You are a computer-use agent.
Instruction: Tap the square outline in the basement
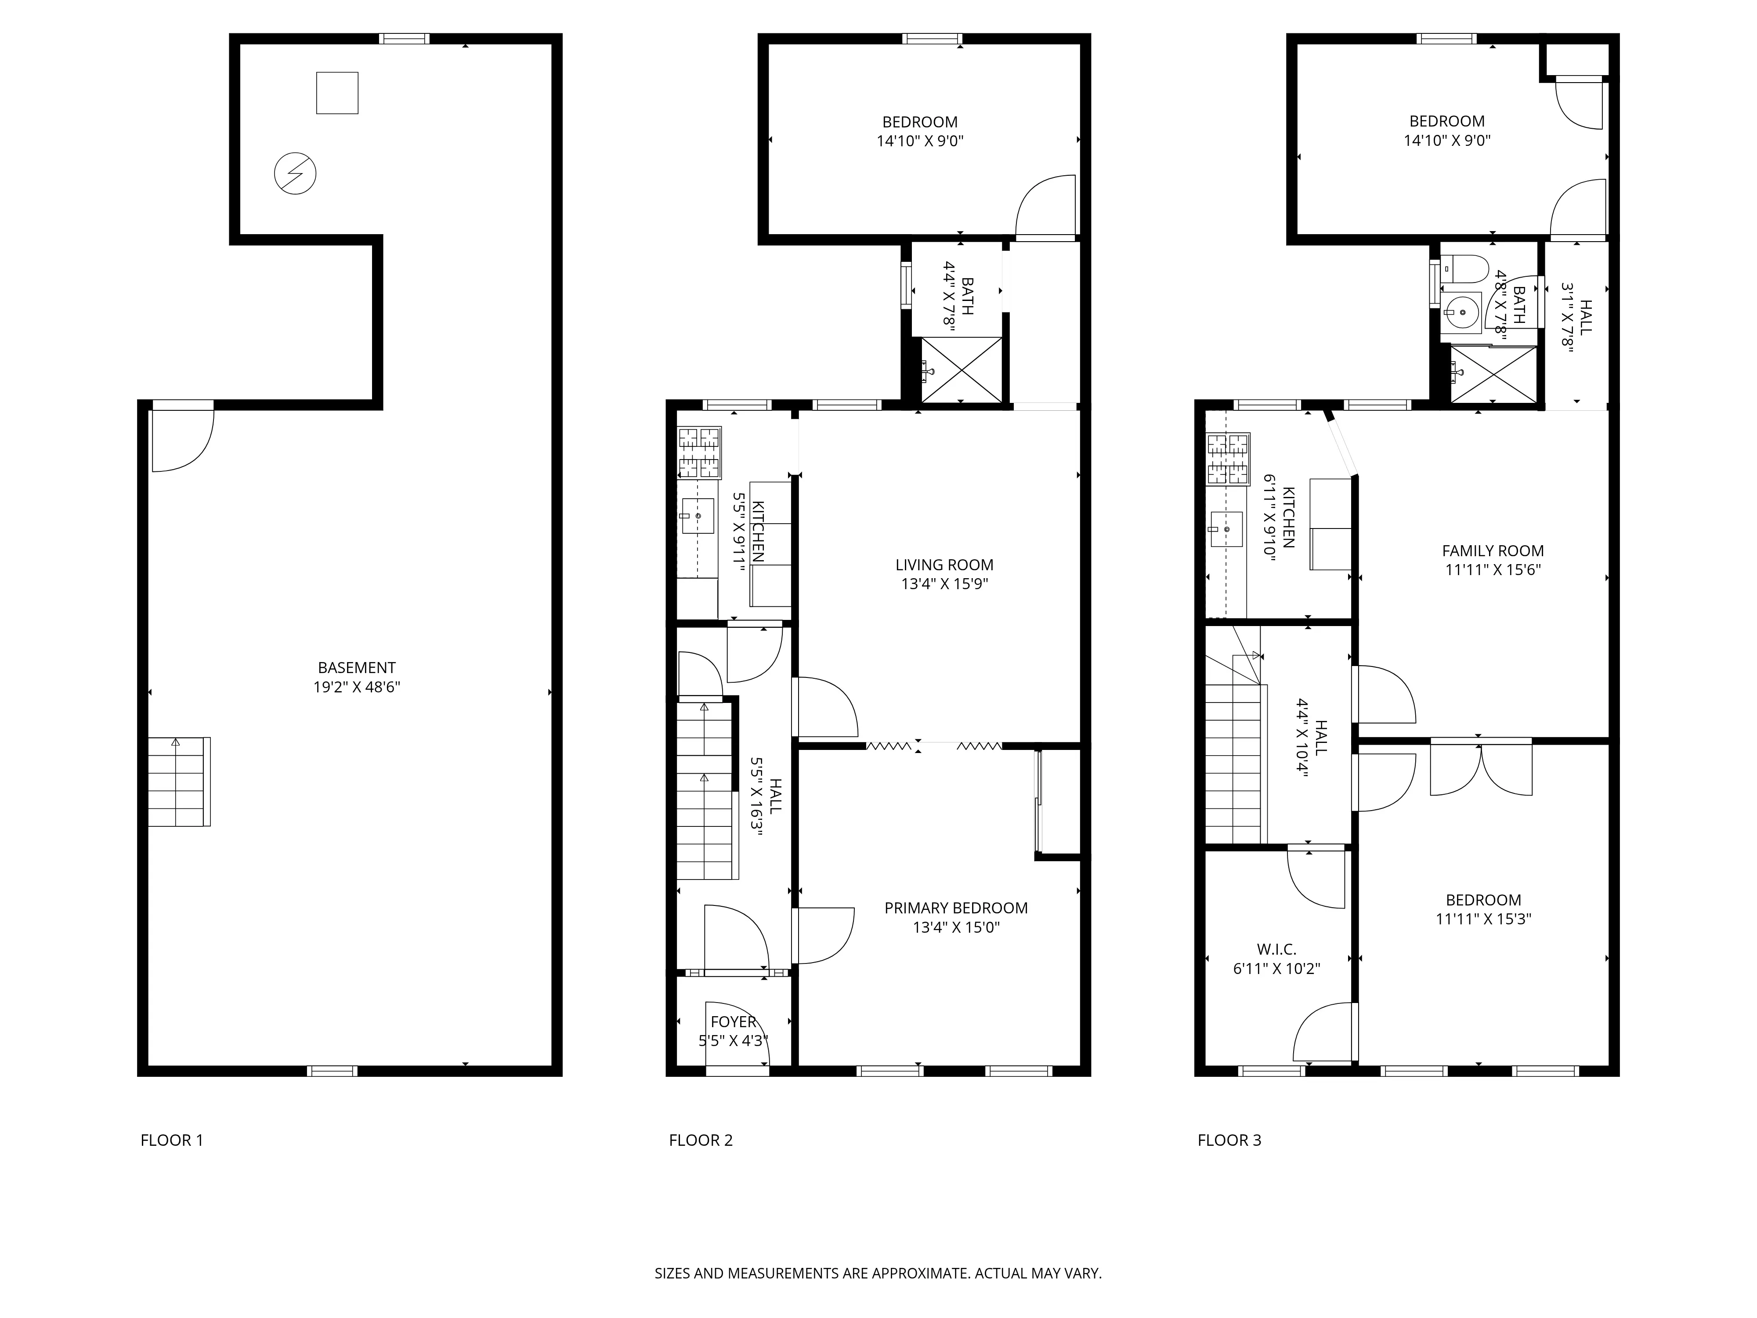pyautogui.click(x=337, y=93)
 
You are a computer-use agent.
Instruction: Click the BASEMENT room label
pyautogui.click(x=357, y=668)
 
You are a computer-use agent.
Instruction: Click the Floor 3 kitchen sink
pyautogui.click(x=1226, y=529)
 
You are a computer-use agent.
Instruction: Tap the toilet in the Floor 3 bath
pyautogui.click(x=1464, y=269)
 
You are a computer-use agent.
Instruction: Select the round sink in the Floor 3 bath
pyautogui.click(x=1461, y=312)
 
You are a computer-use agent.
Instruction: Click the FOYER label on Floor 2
pyautogui.click(x=733, y=1021)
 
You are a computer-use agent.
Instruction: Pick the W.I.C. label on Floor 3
pyautogui.click(x=1276, y=949)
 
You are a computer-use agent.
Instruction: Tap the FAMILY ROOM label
pyautogui.click(x=1493, y=550)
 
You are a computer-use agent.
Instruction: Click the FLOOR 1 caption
pyautogui.click(x=172, y=1140)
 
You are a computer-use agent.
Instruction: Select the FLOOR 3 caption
pyautogui.click(x=1229, y=1140)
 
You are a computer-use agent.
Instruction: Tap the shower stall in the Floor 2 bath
pyautogui.click(x=961, y=370)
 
